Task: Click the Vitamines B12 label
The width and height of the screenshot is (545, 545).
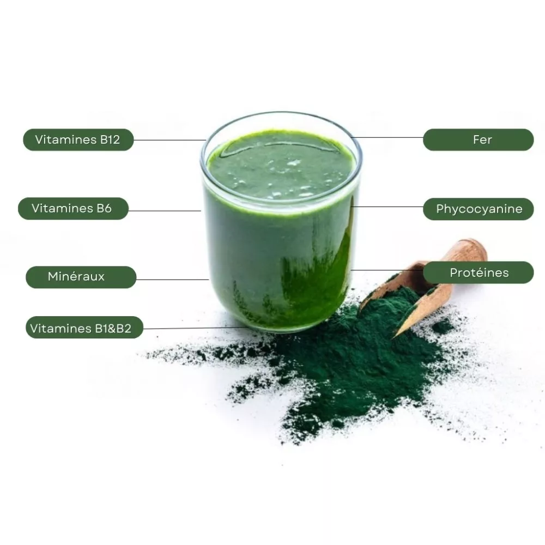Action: pos(78,140)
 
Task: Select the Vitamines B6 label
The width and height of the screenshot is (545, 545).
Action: pos(73,209)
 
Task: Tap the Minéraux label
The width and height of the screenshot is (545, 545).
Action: pos(81,277)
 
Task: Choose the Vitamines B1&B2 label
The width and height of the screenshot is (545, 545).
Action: pos(84,327)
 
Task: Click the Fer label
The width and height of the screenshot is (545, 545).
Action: pos(479,140)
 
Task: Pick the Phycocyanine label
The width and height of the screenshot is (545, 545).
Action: pos(479,209)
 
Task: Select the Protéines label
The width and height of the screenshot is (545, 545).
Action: pos(479,272)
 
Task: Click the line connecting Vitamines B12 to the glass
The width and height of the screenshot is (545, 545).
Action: pos(170,140)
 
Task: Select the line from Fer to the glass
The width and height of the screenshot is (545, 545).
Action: pos(387,137)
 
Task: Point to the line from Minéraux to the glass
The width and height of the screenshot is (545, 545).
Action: pos(172,279)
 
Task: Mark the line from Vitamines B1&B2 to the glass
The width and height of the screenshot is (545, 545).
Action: pos(195,328)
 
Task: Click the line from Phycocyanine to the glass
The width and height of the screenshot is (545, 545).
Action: pos(387,207)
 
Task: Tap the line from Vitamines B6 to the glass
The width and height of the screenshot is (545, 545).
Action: pos(165,210)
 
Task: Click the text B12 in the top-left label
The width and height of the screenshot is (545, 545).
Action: pos(110,140)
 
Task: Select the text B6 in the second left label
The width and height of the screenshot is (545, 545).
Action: pos(104,209)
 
